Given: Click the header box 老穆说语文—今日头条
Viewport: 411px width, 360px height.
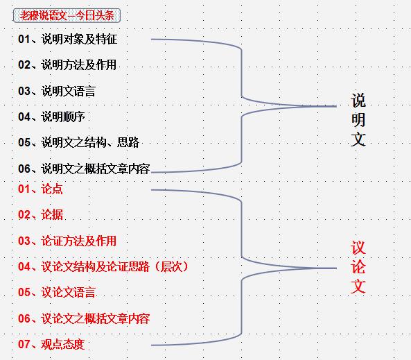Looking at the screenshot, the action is click(67, 15).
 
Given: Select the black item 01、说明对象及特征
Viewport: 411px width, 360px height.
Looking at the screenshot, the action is click(68, 39).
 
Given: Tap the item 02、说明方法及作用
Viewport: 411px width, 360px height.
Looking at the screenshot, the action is click(67, 65).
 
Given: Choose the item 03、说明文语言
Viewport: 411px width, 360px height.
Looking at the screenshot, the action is click(57, 91).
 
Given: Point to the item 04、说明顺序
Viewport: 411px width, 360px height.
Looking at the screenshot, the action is click(51, 117).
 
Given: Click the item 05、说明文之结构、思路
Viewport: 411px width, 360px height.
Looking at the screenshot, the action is click(78, 142).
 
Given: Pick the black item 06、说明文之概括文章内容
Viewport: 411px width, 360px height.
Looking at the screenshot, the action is click(84, 169).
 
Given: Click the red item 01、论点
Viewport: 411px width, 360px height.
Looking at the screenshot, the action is click(40, 189).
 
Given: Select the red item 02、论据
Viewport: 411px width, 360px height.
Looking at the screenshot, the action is click(41, 214).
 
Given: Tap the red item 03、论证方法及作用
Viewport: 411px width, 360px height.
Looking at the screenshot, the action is click(67, 241).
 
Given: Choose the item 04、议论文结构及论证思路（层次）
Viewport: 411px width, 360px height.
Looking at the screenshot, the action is click(104, 266).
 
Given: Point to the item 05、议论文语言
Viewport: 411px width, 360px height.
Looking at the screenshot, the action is click(57, 292).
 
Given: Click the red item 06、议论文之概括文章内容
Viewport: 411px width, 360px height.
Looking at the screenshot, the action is click(84, 318).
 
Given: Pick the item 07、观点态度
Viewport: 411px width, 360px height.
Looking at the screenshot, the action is click(51, 344).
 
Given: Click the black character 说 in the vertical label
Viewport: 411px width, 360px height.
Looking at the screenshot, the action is click(358, 101).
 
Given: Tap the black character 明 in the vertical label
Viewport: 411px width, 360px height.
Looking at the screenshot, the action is click(358, 120).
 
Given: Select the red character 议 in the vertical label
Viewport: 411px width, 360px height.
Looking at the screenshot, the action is click(358, 248).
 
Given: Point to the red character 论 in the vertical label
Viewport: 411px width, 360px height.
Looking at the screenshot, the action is click(358, 267).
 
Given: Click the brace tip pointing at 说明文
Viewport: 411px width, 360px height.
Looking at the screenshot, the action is click(336, 106).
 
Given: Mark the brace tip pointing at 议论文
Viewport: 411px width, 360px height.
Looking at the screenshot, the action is click(336, 268).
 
